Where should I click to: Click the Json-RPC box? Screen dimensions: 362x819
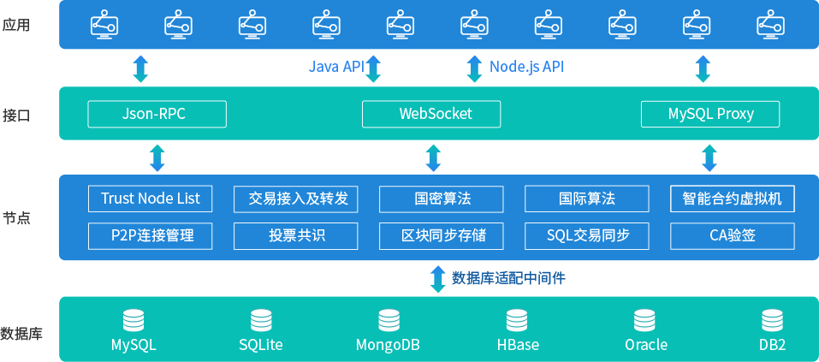(x=157, y=114)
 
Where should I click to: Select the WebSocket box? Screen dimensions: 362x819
(x=435, y=114)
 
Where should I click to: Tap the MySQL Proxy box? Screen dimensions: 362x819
(x=710, y=114)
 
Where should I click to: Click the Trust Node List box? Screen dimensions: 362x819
(x=150, y=199)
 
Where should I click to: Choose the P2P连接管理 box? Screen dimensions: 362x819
(x=150, y=235)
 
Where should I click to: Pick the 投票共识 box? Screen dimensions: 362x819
(x=296, y=235)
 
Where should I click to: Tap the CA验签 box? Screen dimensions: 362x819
(x=732, y=235)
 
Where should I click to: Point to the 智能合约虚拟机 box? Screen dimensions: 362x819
(x=732, y=199)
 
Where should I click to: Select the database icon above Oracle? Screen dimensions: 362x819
(x=644, y=321)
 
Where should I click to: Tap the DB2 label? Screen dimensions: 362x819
(x=772, y=345)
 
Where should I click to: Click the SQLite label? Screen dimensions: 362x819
(x=260, y=345)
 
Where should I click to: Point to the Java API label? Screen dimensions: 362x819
(x=336, y=67)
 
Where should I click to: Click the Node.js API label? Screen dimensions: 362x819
(x=526, y=67)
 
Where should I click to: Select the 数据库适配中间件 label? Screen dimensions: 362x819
(x=508, y=278)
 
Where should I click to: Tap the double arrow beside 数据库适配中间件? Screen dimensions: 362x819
(x=437, y=278)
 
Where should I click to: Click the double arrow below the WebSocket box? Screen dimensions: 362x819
(x=434, y=157)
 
